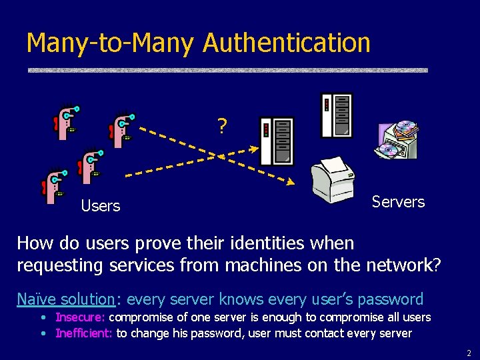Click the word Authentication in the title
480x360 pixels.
(x=287, y=43)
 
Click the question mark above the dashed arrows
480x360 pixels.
(x=221, y=125)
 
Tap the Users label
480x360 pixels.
(x=101, y=206)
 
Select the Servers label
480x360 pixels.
(x=398, y=201)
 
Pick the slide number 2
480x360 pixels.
(x=469, y=353)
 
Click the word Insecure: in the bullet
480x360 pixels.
(x=80, y=317)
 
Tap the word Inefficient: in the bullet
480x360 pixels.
(x=83, y=333)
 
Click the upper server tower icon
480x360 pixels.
(x=337, y=115)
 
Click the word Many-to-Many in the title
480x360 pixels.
(x=111, y=43)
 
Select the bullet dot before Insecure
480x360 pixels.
(x=43, y=317)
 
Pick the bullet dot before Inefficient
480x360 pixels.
(x=43, y=333)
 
